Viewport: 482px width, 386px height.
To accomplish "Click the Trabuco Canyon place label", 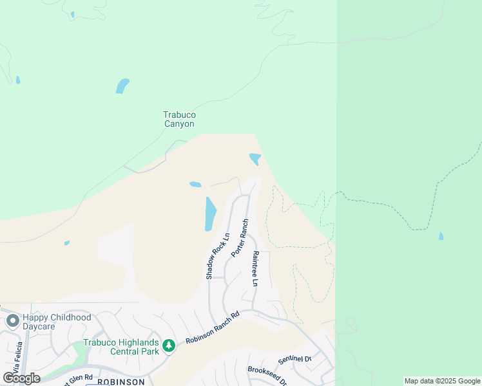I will click(x=178, y=119).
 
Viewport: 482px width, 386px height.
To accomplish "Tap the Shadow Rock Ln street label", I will click(x=218, y=255).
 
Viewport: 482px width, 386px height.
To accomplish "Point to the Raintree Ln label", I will click(x=255, y=269).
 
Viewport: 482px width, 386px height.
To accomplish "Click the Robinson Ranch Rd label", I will click(x=213, y=328).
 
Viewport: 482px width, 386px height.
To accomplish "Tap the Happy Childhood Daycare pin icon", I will click(x=12, y=320).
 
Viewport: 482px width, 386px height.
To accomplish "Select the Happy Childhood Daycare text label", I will click(x=57, y=322).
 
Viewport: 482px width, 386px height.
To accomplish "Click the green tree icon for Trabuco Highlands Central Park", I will click(x=168, y=346).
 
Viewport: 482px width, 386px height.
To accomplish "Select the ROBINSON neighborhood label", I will click(x=120, y=381).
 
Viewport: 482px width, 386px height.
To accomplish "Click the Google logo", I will click(x=21, y=378).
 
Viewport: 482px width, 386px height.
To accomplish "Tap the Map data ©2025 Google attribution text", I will click(x=442, y=381).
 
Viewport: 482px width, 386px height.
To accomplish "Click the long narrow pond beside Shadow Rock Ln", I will click(x=210, y=214).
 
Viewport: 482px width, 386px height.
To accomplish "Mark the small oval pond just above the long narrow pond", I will click(x=195, y=185).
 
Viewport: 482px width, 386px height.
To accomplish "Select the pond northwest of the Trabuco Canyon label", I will click(x=122, y=86).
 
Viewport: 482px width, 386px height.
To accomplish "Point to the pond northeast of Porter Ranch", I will click(x=255, y=158).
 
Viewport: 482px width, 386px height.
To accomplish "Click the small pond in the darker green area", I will click(x=441, y=236).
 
